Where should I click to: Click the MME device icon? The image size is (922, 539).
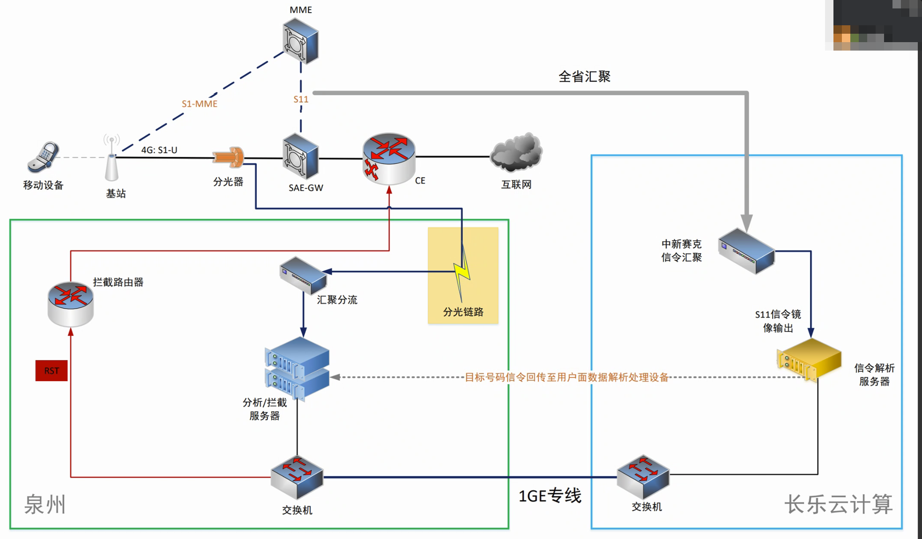pos(301,41)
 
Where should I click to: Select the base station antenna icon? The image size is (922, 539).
pos(112,159)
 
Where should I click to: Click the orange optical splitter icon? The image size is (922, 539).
pos(229,157)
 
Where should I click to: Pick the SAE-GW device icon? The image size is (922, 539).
pos(301,156)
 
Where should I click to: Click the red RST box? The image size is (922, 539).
pos(52,371)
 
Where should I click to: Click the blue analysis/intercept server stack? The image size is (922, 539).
pos(297,369)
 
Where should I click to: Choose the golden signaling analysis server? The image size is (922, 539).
pos(809,359)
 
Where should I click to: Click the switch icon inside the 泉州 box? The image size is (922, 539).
pos(297,477)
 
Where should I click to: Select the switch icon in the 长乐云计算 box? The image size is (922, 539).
pos(643,476)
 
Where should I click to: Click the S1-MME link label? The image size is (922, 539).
pos(200,104)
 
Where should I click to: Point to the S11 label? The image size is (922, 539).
pos(301,99)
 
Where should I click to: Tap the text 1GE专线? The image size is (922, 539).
pos(550,495)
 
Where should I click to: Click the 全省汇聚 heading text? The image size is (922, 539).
pos(584,77)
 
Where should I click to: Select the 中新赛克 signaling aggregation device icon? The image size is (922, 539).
pos(746,251)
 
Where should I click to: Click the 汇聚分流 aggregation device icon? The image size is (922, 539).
pos(303,275)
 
